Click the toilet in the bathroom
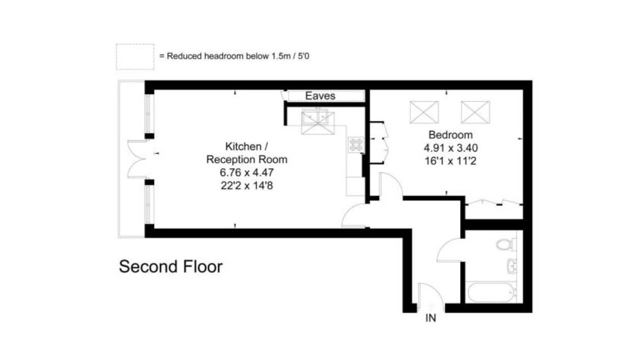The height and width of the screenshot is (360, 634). (504, 244)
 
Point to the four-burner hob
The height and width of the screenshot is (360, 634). (356, 145)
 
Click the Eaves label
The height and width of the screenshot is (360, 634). (320, 96)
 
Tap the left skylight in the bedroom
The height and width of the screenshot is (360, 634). (424, 112)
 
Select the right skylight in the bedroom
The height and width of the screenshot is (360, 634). (475, 112)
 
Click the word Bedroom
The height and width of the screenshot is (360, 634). (450, 135)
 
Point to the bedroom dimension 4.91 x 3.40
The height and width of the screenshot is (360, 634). (450, 148)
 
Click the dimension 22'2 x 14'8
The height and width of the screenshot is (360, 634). (246, 186)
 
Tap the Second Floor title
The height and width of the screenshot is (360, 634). (170, 267)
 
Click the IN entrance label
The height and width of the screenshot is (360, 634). (431, 319)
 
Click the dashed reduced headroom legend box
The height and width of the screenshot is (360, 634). (135, 57)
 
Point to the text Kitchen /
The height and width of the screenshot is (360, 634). (246, 146)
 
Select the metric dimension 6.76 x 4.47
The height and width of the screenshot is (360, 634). (246, 172)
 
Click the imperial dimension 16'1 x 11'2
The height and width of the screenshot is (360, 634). (450, 162)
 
